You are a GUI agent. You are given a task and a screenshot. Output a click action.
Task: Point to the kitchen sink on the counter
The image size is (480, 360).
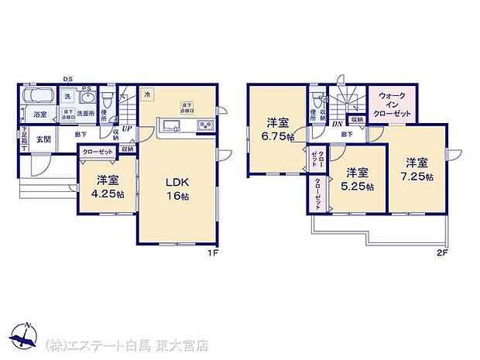pos(170,125)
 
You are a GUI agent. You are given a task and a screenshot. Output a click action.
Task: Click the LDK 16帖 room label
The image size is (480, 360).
pos(177,190)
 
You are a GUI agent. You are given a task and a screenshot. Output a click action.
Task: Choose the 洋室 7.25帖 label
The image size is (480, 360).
pos(417,168)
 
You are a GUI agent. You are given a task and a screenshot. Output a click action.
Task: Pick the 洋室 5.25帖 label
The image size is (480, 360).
pos(358,180)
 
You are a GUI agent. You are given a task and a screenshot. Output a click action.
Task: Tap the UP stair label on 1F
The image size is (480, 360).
pos(126,129)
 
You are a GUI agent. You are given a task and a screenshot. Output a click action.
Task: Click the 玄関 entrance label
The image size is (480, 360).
pos(43,139)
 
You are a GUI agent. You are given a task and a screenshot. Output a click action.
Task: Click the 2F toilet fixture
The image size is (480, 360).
pos(318,99)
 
